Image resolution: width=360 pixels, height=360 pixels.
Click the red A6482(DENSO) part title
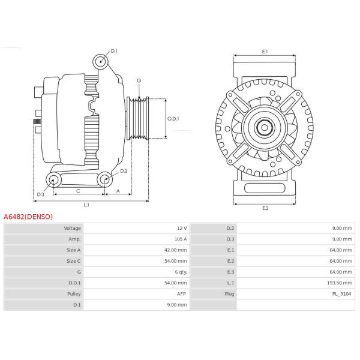point(28,217)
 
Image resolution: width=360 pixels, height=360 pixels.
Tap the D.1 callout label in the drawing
point(114,51)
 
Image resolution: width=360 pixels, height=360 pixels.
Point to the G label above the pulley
point(139,80)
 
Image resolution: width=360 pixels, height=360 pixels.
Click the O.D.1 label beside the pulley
point(173,119)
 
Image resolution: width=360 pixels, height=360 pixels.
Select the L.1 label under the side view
point(86,205)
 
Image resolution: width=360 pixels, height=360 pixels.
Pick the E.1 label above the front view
point(265,52)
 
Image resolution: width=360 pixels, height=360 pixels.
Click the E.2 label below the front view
point(265,208)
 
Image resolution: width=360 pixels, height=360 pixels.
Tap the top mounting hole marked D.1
point(101,62)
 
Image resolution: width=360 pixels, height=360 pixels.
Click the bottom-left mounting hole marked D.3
point(53,180)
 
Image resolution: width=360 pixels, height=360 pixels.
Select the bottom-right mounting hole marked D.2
point(105,179)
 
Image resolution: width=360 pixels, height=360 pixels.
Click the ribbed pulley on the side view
point(138,118)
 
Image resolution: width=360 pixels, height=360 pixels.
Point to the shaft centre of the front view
point(265,128)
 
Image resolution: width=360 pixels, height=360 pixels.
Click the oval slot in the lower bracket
point(265,188)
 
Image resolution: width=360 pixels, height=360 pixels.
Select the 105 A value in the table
point(181,239)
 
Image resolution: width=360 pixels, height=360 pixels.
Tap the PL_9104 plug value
point(341,294)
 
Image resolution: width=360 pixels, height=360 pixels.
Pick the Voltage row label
point(73,228)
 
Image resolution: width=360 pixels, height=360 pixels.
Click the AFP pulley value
point(181,294)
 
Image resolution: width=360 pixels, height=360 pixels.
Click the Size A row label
point(73,250)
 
